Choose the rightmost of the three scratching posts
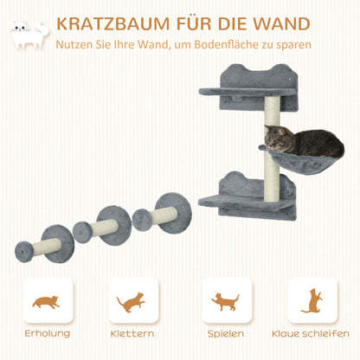tap(161, 213)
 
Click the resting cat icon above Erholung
tap(48, 301)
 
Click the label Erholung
tap(48, 333)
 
